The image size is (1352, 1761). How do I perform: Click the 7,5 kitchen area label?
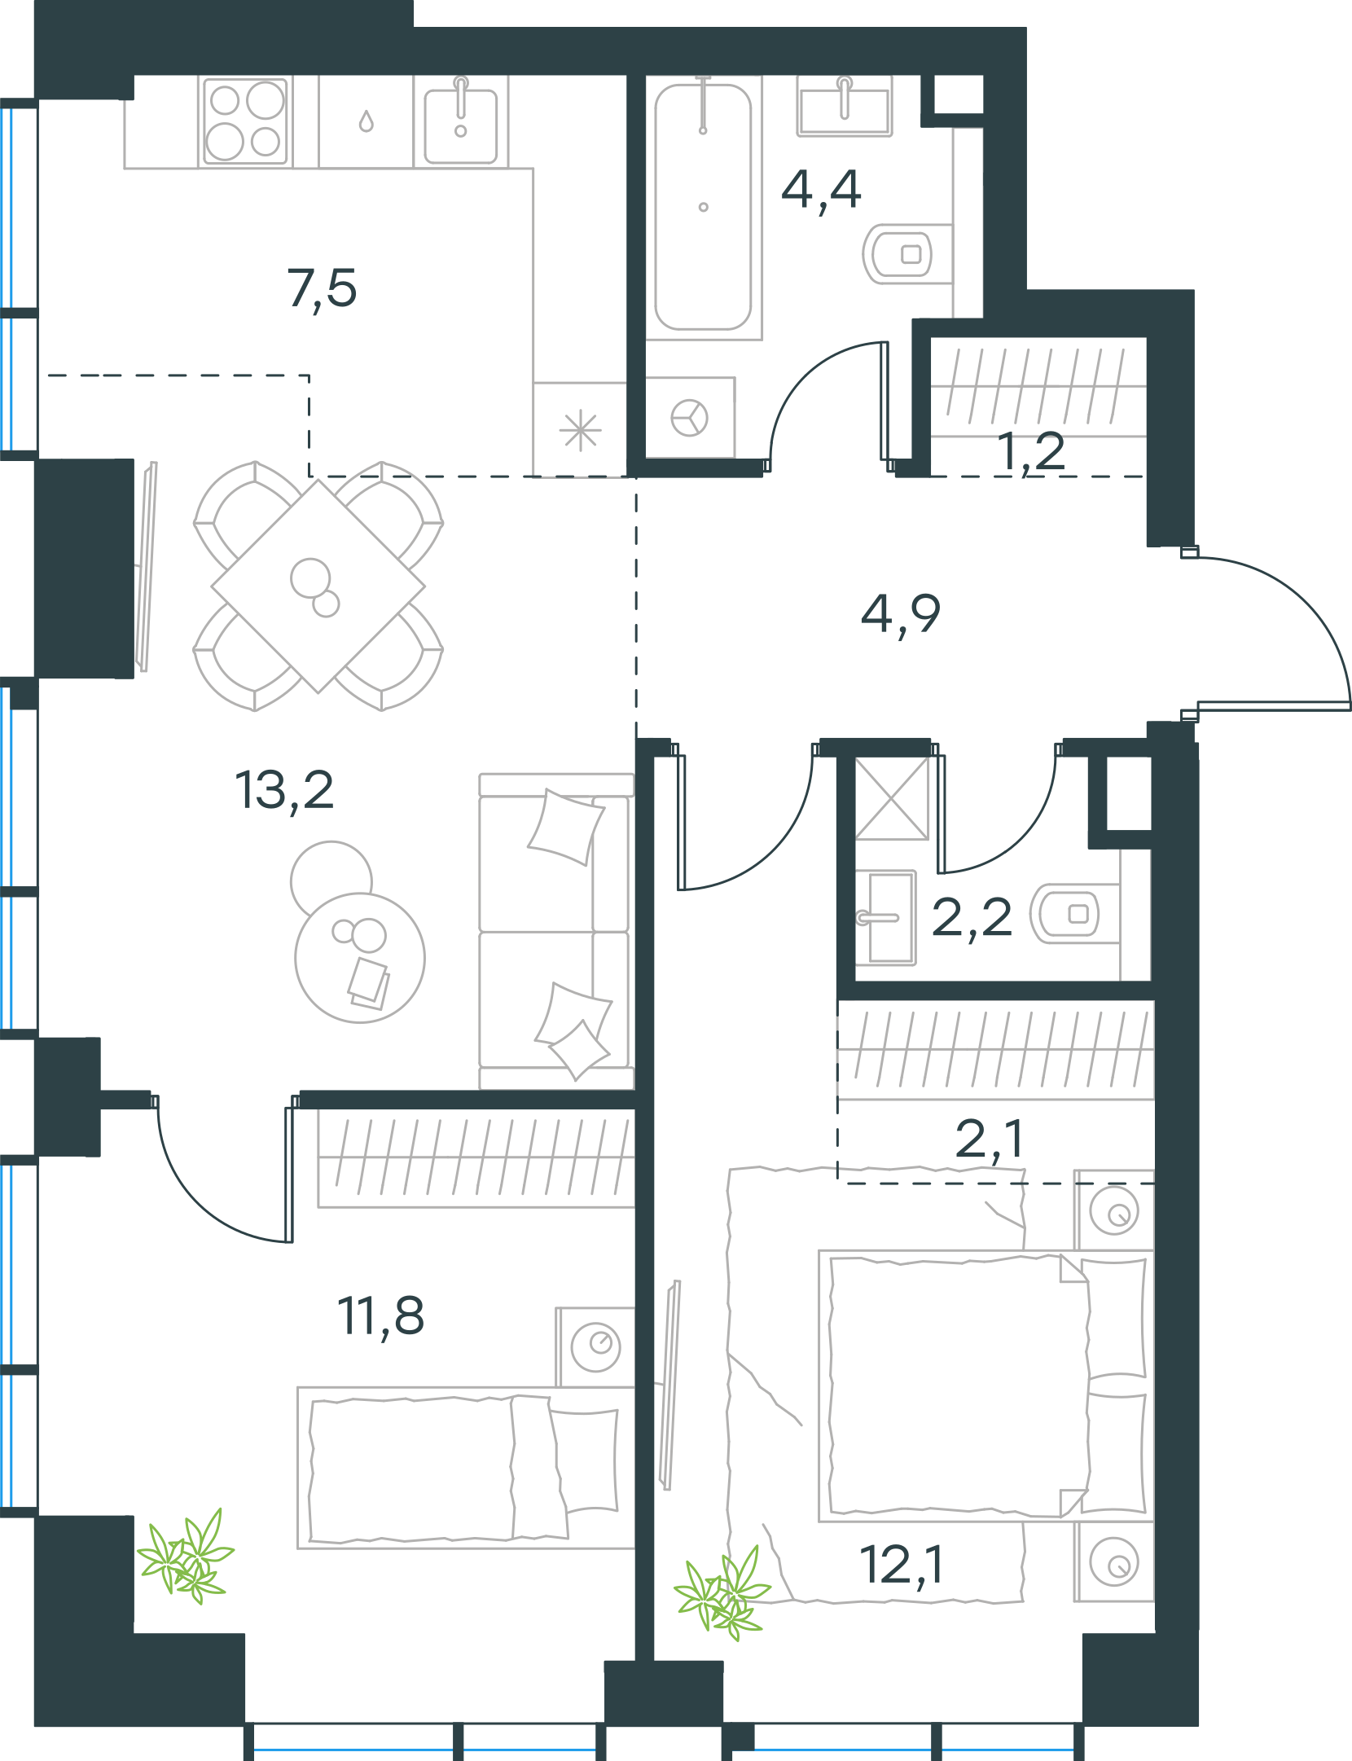322,288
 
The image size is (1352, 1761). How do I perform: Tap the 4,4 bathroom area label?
821,191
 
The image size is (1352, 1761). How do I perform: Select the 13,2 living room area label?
284,790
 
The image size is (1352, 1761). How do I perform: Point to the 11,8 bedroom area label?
380,1315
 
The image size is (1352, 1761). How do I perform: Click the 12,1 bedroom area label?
902,1565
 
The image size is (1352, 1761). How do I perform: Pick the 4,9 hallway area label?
900,615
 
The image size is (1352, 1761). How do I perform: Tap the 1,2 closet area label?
1030,452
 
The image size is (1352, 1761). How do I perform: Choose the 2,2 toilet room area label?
972,918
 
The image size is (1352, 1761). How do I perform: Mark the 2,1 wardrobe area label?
990,1139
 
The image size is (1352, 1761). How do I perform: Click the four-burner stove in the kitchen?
246,121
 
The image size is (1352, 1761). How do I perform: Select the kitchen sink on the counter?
461,122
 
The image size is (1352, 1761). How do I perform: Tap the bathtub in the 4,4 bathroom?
704,207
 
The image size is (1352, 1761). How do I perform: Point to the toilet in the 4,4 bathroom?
906,254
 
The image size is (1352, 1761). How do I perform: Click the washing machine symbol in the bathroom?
690,418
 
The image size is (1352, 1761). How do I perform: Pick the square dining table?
318,586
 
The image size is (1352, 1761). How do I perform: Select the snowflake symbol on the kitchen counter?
581,431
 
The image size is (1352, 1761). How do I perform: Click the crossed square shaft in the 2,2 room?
892,798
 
